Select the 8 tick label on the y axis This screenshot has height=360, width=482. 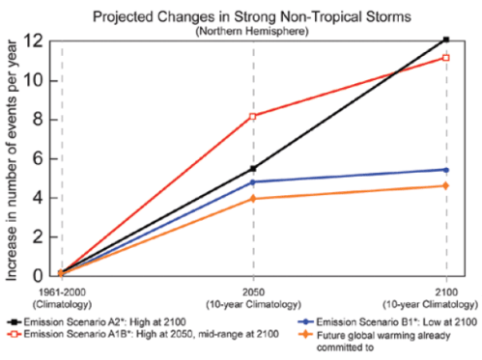point(35,120)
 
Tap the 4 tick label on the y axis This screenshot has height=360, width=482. point(35,198)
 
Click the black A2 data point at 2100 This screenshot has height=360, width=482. point(445,40)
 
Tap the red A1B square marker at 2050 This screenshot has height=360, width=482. point(253,116)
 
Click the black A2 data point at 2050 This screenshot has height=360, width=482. point(253,168)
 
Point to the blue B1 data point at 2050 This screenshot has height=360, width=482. point(253,181)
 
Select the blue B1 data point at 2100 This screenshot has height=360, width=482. point(445,170)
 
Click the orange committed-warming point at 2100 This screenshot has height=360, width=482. point(445,185)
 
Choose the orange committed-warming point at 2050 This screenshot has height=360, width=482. point(253,198)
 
